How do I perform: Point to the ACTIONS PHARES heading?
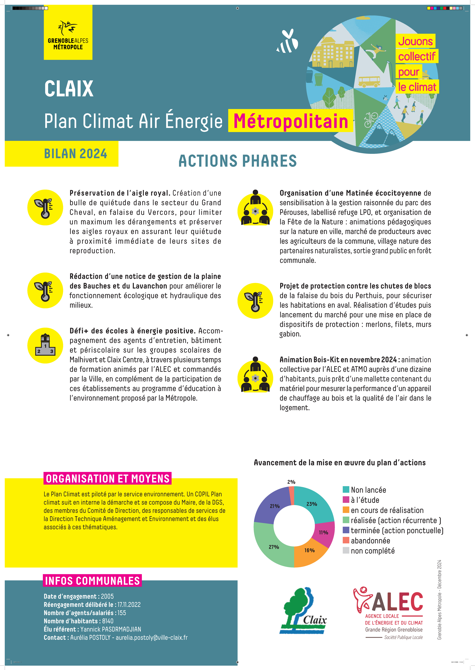pos(238,161)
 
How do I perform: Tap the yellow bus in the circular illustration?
pos(369,81)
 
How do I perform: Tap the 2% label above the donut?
pos(291,482)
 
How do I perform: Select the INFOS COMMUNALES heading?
pos(92,581)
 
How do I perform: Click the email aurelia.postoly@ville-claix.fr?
pos(152,637)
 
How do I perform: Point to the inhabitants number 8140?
pos(108,621)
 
